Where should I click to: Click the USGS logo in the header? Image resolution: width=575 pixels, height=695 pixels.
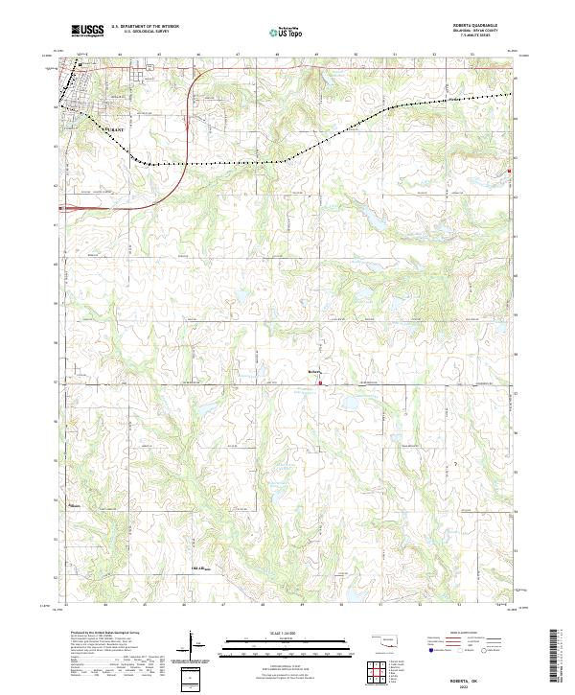click(87, 31)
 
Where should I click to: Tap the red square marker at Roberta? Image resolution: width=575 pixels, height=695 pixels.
click(320, 384)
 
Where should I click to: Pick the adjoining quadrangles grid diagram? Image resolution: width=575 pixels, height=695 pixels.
click(379, 674)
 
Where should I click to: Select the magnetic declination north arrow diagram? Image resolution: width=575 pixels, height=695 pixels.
click(194, 647)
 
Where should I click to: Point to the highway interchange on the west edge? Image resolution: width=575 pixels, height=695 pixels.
click(72, 205)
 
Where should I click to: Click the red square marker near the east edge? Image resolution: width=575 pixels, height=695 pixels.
click(510, 172)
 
